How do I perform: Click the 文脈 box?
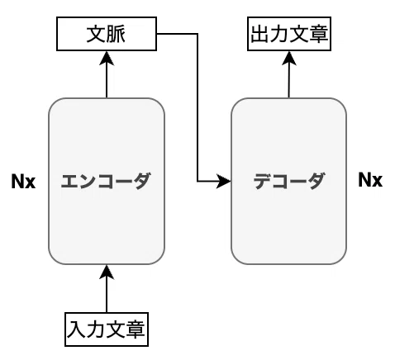point(107,34)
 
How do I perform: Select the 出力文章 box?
point(289,34)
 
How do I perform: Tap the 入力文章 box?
point(107,329)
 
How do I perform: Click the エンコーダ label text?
point(106,181)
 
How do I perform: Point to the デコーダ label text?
point(288,181)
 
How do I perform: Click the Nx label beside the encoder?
point(23,182)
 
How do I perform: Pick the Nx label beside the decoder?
point(370,180)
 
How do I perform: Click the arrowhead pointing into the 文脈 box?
point(107,58)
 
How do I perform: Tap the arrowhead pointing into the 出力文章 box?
point(289,58)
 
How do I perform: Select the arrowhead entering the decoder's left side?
point(224,182)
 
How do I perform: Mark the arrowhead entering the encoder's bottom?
point(107,272)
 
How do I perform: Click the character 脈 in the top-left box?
point(116,34)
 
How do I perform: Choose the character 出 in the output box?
point(260,34)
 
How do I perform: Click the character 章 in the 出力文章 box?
point(318,34)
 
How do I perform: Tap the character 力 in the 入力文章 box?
point(97,329)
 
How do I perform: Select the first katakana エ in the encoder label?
point(69,182)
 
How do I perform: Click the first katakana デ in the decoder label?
point(262,181)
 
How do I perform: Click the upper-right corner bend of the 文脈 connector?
point(197,34)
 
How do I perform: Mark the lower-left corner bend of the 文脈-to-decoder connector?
point(197,182)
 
